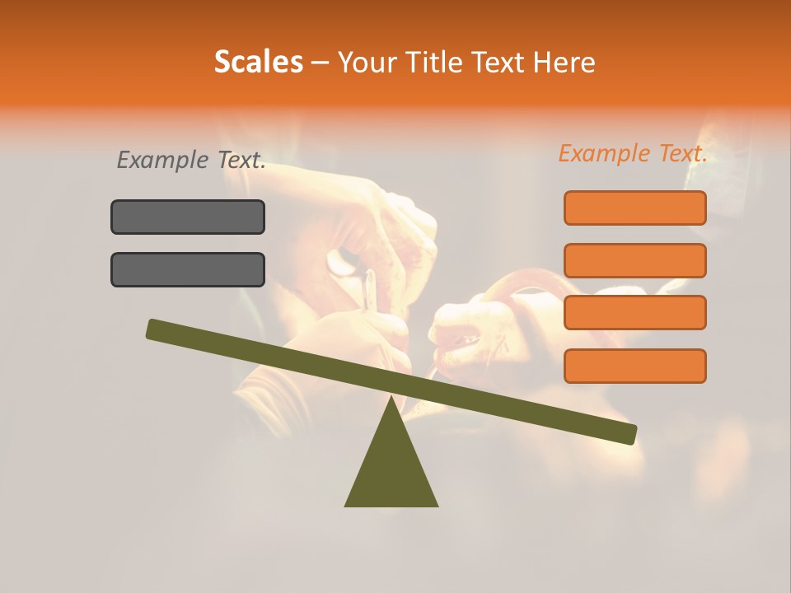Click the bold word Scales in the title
tap(258, 63)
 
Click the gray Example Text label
tap(191, 161)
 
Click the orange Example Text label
tap(633, 153)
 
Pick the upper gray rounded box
tap(188, 217)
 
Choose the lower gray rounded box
tap(188, 269)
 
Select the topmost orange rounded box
tap(635, 208)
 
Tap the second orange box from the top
tap(635, 260)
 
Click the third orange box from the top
tap(635, 312)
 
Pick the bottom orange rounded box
tap(635, 366)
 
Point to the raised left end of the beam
tap(153, 329)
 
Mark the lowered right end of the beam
tap(630, 434)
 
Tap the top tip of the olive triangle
tap(391, 399)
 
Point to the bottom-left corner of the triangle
tap(346, 505)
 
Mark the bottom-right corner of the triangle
tap(437, 505)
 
